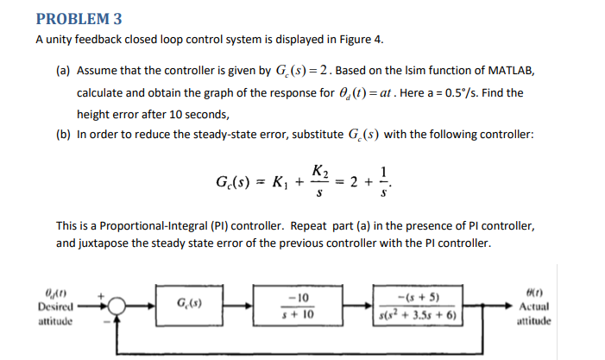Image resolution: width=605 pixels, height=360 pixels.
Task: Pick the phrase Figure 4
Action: [x=362, y=40]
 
